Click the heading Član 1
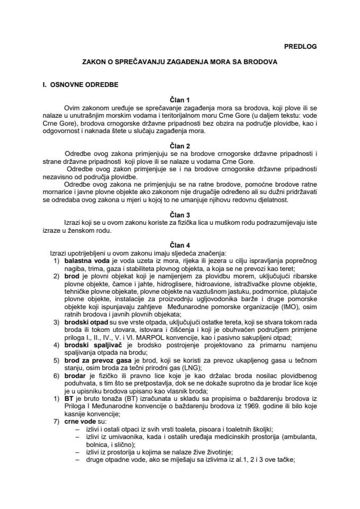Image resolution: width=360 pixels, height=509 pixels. click(x=180, y=99)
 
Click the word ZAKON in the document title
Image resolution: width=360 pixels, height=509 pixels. click(x=94, y=62)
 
